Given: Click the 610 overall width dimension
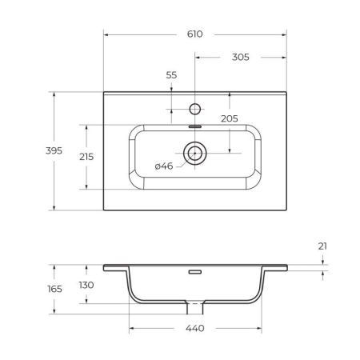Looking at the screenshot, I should tap(195, 34).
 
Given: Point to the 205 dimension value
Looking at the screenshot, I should tap(230, 118).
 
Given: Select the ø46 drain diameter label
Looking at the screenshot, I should tap(163, 166).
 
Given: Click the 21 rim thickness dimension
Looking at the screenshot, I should tap(323, 246).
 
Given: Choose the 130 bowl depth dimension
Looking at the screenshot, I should tap(86, 285).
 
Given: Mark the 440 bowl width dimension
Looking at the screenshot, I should tap(195, 329).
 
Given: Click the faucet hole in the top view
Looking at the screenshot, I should tap(195, 107).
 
